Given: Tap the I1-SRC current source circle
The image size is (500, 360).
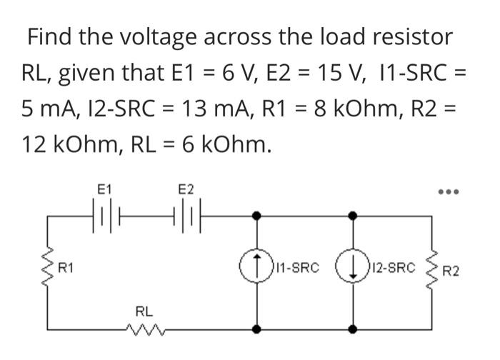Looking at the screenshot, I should tap(259, 270).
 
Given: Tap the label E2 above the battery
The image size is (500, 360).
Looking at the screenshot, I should tap(185, 189).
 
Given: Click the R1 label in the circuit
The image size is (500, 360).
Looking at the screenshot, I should tap(66, 269).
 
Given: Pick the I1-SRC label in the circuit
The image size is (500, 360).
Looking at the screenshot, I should tap(294, 269).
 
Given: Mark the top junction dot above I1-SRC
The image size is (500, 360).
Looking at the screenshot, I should tap(259, 213).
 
